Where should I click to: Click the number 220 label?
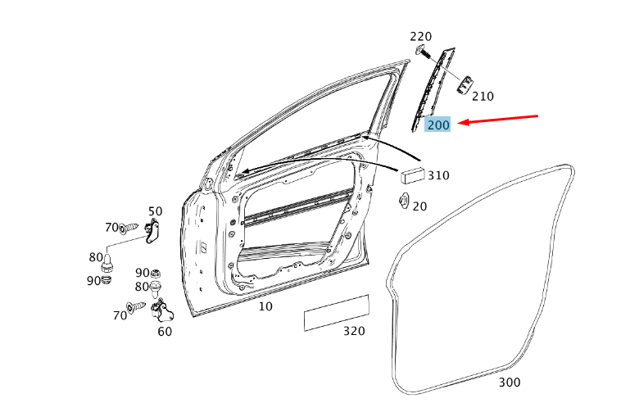(420, 37)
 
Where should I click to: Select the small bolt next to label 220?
(422, 52)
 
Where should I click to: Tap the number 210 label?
(483, 96)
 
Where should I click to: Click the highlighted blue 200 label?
(438, 125)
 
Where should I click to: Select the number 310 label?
(438, 175)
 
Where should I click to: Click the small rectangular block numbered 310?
(412, 174)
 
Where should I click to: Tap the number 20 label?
(419, 206)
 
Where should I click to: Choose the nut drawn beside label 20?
(403, 200)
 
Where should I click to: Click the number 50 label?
(155, 212)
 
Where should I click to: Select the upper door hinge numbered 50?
(152, 233)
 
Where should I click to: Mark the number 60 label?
(165, 332)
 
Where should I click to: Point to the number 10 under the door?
(265, 306)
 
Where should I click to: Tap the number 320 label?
(354, 332)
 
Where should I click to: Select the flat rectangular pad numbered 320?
(336, 313)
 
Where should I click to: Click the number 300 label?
(509, 383)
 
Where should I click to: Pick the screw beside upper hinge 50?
(130, 229)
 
